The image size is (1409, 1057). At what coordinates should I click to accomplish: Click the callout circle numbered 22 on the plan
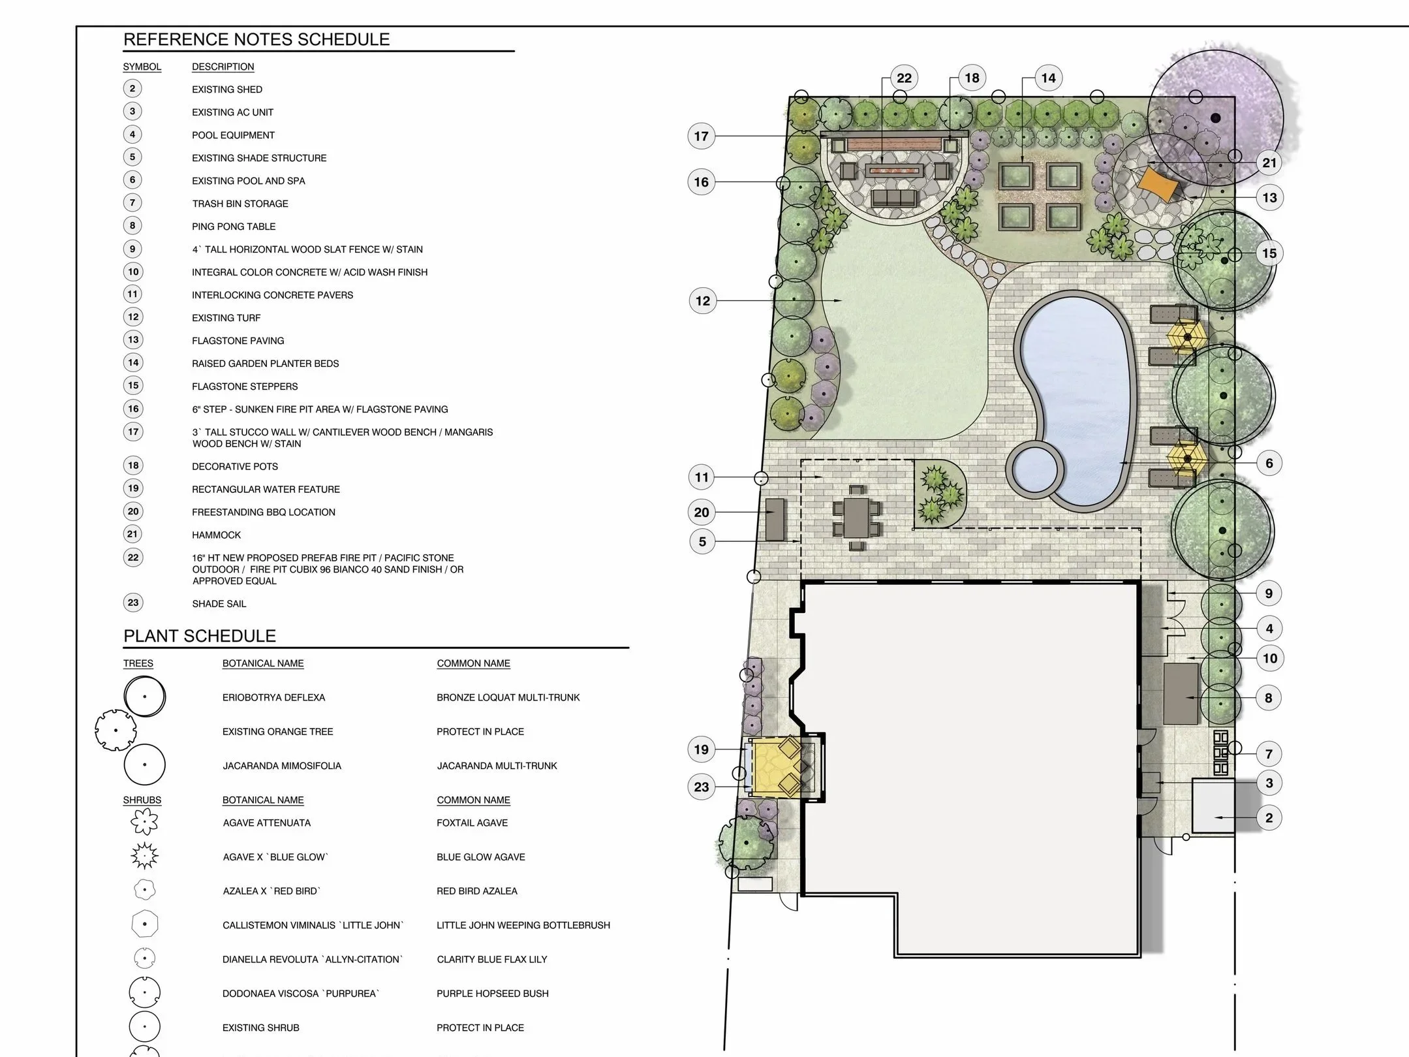904,78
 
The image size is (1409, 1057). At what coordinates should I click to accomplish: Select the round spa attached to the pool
1036,469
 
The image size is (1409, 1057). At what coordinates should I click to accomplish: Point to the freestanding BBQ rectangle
775,520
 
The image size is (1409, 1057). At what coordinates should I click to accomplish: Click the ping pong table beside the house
1181,694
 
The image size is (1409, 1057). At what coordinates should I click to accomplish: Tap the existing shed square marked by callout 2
1213,806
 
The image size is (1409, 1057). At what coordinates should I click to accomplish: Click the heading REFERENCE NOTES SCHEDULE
256,40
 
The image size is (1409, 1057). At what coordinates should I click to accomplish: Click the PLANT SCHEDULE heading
200,636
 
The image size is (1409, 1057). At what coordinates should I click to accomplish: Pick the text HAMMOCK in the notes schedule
216,535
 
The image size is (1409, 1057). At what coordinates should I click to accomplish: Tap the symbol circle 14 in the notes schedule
133,363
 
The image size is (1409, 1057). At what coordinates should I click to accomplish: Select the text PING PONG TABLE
234,227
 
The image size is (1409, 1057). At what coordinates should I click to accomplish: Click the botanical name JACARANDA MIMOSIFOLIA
282,766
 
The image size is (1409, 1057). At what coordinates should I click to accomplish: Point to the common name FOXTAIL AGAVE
472,823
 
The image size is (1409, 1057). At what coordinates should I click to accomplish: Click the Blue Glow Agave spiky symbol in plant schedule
144,856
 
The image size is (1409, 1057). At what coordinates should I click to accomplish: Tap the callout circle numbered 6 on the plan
1269,464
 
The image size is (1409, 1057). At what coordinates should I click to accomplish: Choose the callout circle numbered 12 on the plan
703,301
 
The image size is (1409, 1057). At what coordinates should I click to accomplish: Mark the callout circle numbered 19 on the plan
702,749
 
